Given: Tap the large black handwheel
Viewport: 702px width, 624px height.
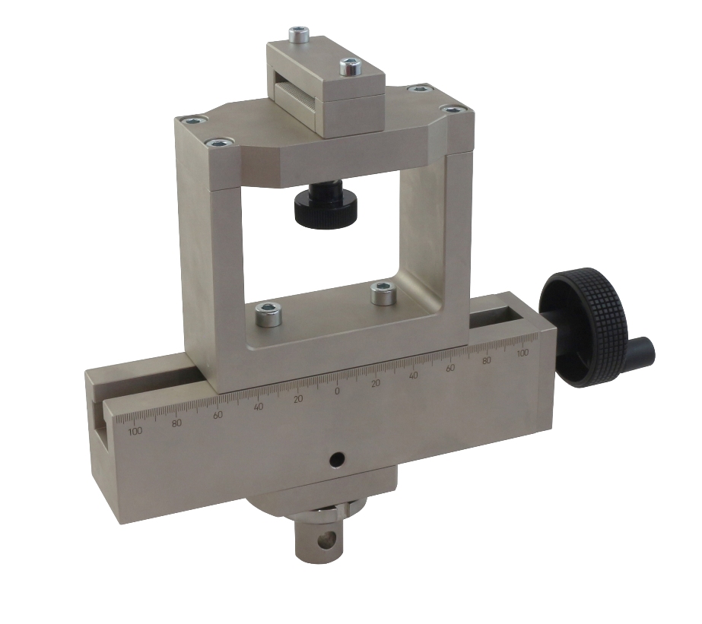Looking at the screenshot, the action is coord(585,328).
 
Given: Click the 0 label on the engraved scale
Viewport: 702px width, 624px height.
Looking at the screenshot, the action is coord(337,391).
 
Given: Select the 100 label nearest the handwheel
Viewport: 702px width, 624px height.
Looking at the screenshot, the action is coord(522,353).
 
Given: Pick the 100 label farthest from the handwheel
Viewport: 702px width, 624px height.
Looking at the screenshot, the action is coord(135,431).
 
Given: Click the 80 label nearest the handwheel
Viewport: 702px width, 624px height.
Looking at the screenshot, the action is coord(487,360).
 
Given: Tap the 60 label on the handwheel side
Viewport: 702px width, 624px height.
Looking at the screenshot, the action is coord(450,368).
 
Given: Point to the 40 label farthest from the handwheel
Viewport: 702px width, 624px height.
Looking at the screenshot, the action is coord(259,407).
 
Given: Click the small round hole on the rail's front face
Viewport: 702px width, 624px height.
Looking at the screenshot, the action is coord(337,460).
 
